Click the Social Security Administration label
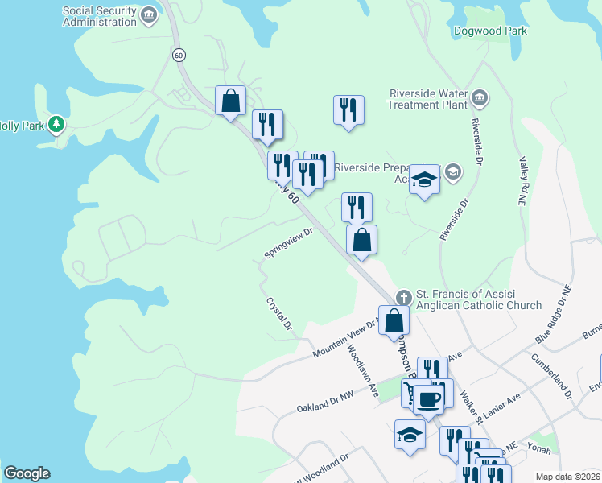point(101,16)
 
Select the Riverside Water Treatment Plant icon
point(479,98)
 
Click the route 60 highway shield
point(179,55)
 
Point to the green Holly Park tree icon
point(56,125)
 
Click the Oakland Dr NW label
point(325,402)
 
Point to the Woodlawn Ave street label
point(363,371)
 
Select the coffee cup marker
point(428,399)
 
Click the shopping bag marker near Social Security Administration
point(230,101)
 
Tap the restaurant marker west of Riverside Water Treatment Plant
point(348,109)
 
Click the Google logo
point(27,473)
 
